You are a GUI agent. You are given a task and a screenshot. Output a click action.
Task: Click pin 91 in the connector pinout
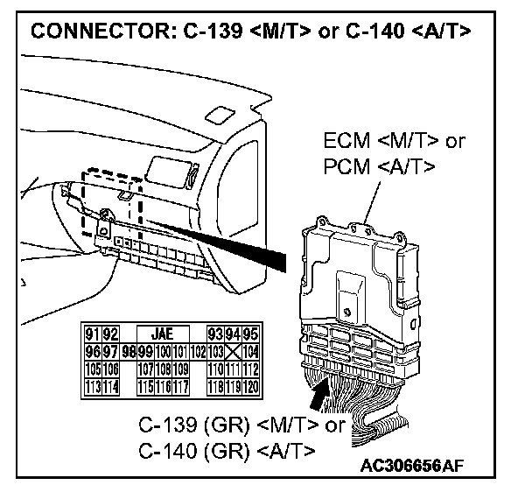coord(90,333)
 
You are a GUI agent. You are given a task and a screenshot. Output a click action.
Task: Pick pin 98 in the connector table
coord(129,350)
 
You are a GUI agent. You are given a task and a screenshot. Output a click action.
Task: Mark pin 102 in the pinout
coord(198,350)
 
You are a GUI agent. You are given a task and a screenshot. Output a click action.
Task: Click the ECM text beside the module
coord(347,142)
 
